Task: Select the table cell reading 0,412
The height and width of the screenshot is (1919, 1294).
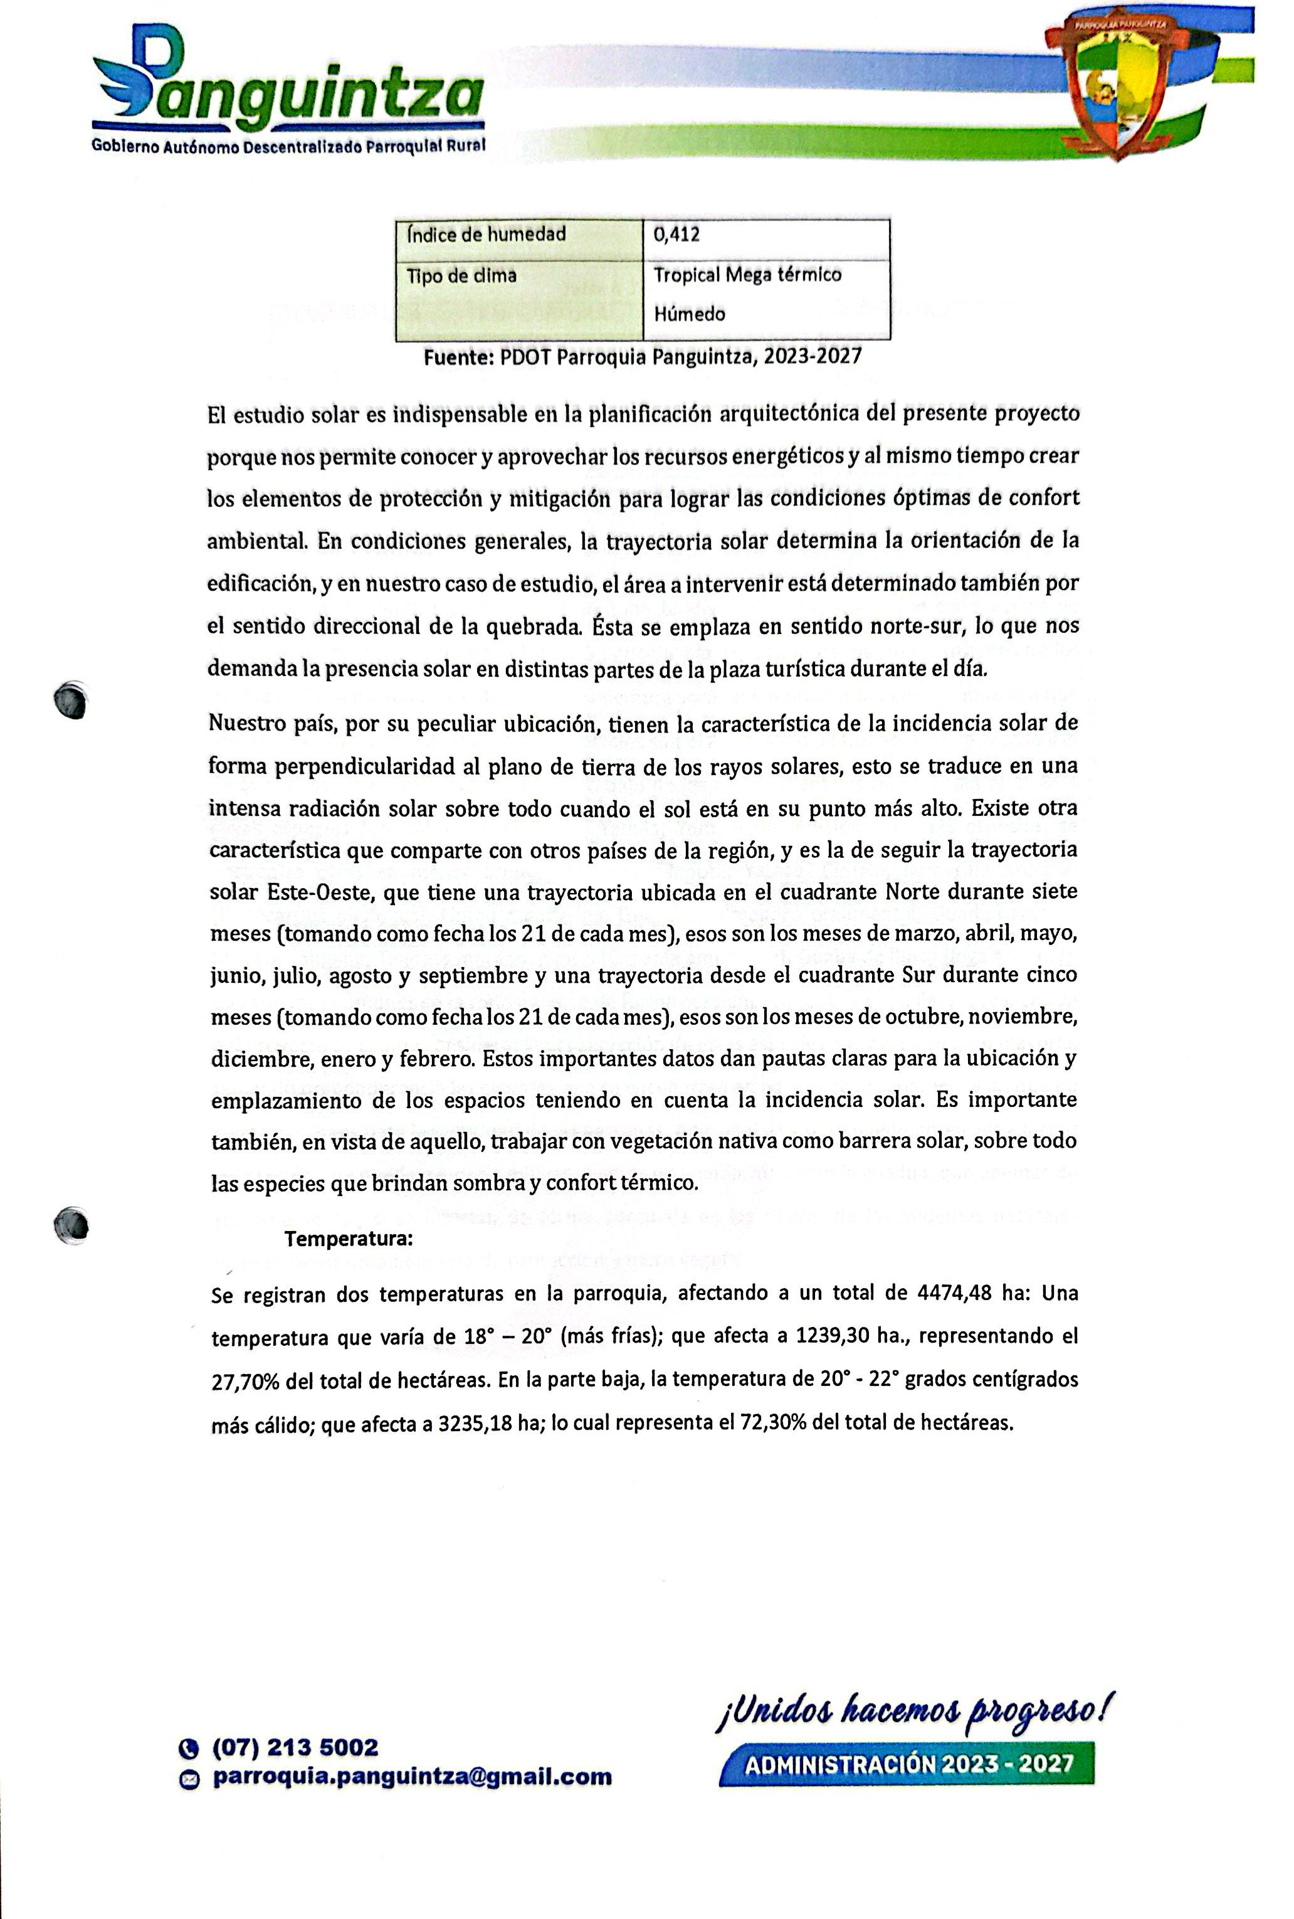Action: [x=676, y=235]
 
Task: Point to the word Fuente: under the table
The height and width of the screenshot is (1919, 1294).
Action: [x=458, y=357]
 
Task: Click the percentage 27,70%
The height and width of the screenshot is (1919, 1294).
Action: [x=246, y=1381]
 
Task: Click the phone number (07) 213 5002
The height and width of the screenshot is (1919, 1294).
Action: [x=295, y=1747]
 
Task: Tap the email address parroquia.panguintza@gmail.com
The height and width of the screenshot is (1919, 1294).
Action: [x=413, y=1776]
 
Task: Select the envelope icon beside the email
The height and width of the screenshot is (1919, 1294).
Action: [x=189, y=1778]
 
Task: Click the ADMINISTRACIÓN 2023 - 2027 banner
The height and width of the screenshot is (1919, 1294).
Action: [x=908, y=1765]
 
